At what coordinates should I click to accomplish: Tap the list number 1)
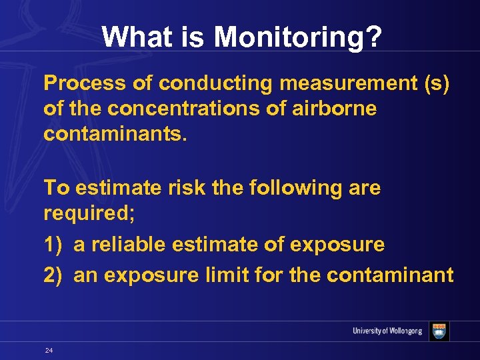point(54,245)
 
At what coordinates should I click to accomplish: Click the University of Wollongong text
point(387,331)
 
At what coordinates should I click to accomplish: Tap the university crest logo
point(439,331)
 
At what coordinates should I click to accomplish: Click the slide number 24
point(49,350)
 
